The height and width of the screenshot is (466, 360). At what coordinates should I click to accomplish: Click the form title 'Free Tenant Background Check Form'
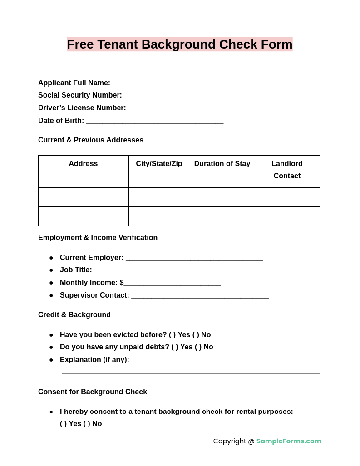coord(180,44)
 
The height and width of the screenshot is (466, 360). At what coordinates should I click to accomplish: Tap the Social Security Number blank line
coord(192,96)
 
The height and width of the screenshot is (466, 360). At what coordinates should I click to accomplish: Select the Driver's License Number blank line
coord(197,108)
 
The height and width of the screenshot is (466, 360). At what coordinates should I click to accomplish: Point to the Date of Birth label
coord(61,121)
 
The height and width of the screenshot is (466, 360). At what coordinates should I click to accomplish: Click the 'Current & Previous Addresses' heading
coord(91,140)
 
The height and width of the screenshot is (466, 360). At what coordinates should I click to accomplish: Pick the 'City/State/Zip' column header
coord(159,164)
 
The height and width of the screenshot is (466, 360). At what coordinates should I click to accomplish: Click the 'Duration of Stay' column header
coord(222,164)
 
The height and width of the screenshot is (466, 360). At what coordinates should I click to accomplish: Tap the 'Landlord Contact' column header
coord(287,170)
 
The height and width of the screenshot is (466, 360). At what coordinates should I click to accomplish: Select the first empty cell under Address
coord(84,197)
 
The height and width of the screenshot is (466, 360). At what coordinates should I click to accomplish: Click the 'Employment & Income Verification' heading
coord(98,238)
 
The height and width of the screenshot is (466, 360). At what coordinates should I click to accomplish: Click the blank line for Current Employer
coord(194,258)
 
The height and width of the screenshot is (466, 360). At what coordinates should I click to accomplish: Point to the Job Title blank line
coord(163,270)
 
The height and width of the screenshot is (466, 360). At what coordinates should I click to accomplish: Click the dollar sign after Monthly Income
coord(122,283)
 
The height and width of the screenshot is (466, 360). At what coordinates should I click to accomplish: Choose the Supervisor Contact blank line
coord(200,296)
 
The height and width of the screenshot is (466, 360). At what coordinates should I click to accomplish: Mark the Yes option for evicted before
coord(173,335)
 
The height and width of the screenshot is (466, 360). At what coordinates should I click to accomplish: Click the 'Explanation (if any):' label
coord(94,360)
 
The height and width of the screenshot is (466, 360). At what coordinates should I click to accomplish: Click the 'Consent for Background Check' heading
coord(93,392)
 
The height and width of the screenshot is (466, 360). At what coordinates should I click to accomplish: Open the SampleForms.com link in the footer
coord(289,441)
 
